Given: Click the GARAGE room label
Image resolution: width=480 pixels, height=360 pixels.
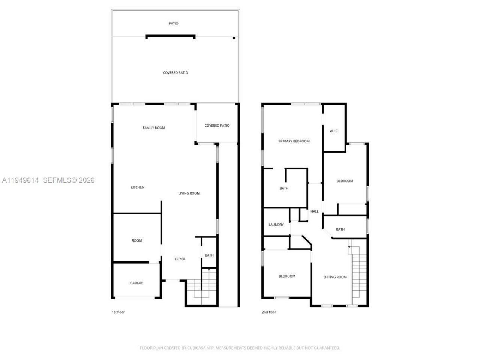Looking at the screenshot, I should coord(136,283).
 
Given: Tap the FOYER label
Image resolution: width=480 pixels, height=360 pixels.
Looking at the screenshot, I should coord(180,259).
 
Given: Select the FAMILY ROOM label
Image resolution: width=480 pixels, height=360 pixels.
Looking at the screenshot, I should coord(154,128).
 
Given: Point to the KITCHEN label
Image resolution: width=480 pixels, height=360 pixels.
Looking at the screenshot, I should coord(137,187).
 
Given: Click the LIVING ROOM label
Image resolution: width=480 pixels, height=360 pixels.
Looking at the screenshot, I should coord(189,193).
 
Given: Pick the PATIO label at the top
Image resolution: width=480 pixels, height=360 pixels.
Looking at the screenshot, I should coord(173,23).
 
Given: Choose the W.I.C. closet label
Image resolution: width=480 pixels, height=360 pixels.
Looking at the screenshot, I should coord(334,131).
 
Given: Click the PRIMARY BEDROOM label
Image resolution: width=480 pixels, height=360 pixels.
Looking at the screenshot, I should coord(294,141).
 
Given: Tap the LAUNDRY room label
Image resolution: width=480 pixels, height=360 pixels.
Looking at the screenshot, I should coord(276,225).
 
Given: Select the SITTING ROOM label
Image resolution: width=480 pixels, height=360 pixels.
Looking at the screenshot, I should coord(335,277).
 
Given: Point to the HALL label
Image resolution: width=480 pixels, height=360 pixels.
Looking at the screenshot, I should coord(315,211).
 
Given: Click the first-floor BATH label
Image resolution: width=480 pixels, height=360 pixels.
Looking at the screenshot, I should coord(209,255).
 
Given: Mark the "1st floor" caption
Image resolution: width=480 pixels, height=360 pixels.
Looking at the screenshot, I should coord(118,312).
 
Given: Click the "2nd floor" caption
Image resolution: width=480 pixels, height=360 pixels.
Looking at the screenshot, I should coord(269,312).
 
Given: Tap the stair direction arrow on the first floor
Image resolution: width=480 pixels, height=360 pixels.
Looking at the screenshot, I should coord(209,270).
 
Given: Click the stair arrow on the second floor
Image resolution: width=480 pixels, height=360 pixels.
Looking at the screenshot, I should coord(349,246).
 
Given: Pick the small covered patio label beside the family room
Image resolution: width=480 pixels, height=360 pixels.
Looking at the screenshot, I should coord(217,126).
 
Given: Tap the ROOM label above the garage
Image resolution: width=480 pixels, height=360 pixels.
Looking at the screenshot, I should coord(137,240).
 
